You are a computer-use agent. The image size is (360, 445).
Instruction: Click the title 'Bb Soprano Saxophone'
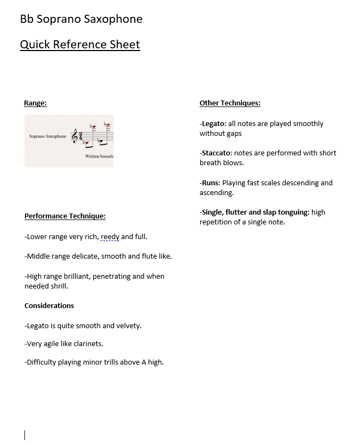pyautogui.click(x=81, y=20)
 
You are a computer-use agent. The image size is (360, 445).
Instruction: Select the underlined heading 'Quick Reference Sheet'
pyautogui.click(x=80, y=45)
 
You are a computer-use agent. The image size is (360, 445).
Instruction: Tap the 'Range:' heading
pyautogui.click(x=35, y=103)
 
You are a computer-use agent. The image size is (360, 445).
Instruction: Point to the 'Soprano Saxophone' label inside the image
pyautogui.click(x=47, y=136)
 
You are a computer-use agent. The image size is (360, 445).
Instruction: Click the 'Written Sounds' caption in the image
pyautogui.click(x=99, y=156)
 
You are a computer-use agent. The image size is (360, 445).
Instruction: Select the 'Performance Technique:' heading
pyautogui.click(x=65, y=216)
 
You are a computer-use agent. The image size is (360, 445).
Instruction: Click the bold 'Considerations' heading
pyautogui.click(x=49, y=306)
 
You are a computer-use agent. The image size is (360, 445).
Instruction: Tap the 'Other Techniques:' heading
pyautogui.click(x=229, y=103)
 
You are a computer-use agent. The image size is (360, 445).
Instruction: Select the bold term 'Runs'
pyautogui.click(x=210, y=183)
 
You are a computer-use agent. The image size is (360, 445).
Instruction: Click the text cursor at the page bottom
pyautogui.click(x=25, y=435)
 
